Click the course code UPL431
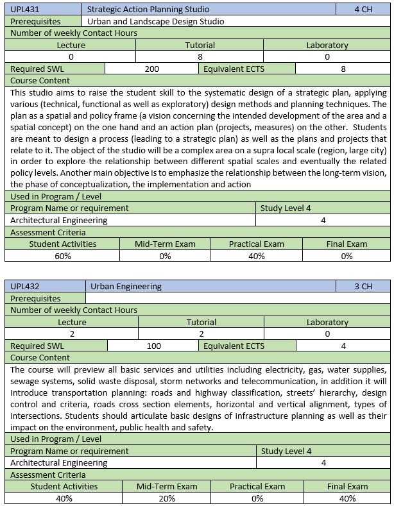tap(24, 10)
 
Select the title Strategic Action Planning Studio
tap(148, 10)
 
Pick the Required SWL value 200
tap(152, 69)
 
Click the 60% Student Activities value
tap(63, 256)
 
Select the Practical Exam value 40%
tap(256, 256)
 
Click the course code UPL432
tap(25, 287)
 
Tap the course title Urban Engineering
tap(126, 287)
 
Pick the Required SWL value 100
tap(153, 346)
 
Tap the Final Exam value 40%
tap(347, 498)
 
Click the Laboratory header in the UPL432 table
tap(327, 322)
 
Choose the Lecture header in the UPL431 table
tap(71, 46)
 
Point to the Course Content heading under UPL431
tap(40, 81)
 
